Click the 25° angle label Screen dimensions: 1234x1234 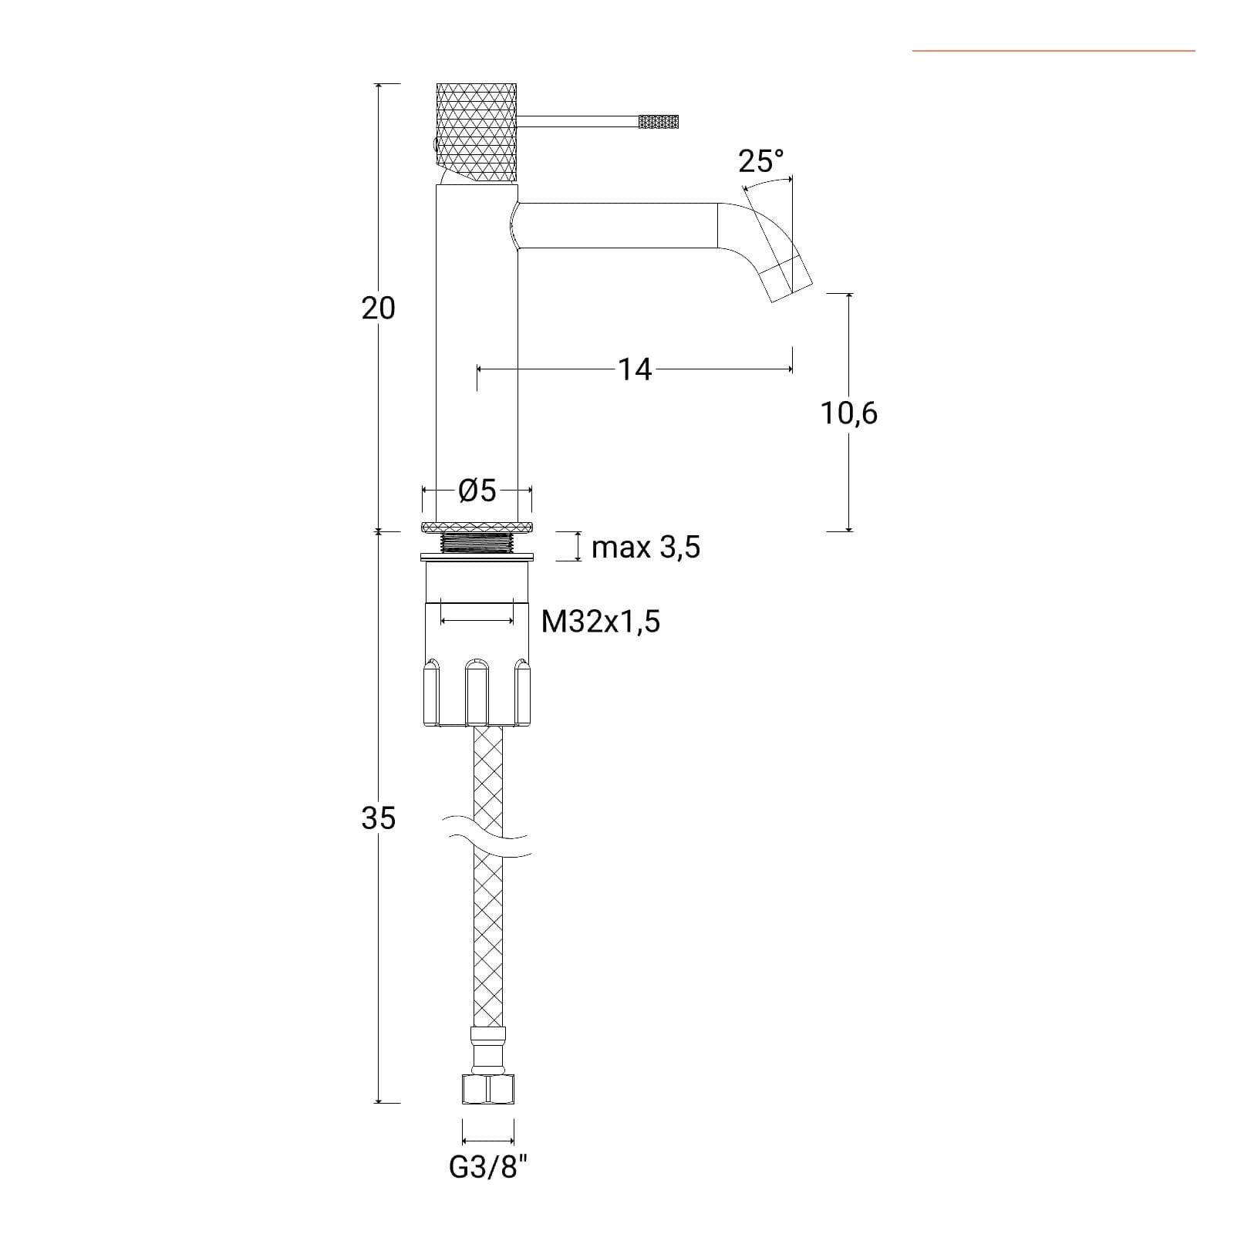[x=760, y=161]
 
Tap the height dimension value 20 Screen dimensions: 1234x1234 [x=378, y=308]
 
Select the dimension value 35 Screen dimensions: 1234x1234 [x=378, y=818]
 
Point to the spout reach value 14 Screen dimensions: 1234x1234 [x=635, y=369]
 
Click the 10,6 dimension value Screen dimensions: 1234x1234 [x=848, y=413]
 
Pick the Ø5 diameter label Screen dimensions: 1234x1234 [x=477, y=491]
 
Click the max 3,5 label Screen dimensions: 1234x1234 [x=646, y=548]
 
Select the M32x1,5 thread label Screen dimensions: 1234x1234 [x=601, y=621]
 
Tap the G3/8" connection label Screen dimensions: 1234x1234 [x=489, y=1168]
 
